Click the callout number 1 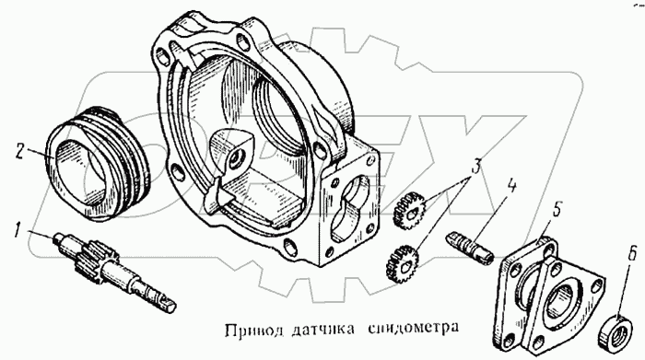(x=18, y=229)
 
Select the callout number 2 (x=19, y=152)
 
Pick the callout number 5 (x=556, y=210)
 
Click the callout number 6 (x=631, y=254)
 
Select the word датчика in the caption (x=322, y=330)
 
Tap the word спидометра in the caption (x=413, y=329)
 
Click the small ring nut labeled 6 (x=616, y=331)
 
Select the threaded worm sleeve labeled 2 (x=98, y=164)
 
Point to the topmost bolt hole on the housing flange (x=241, y=41)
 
